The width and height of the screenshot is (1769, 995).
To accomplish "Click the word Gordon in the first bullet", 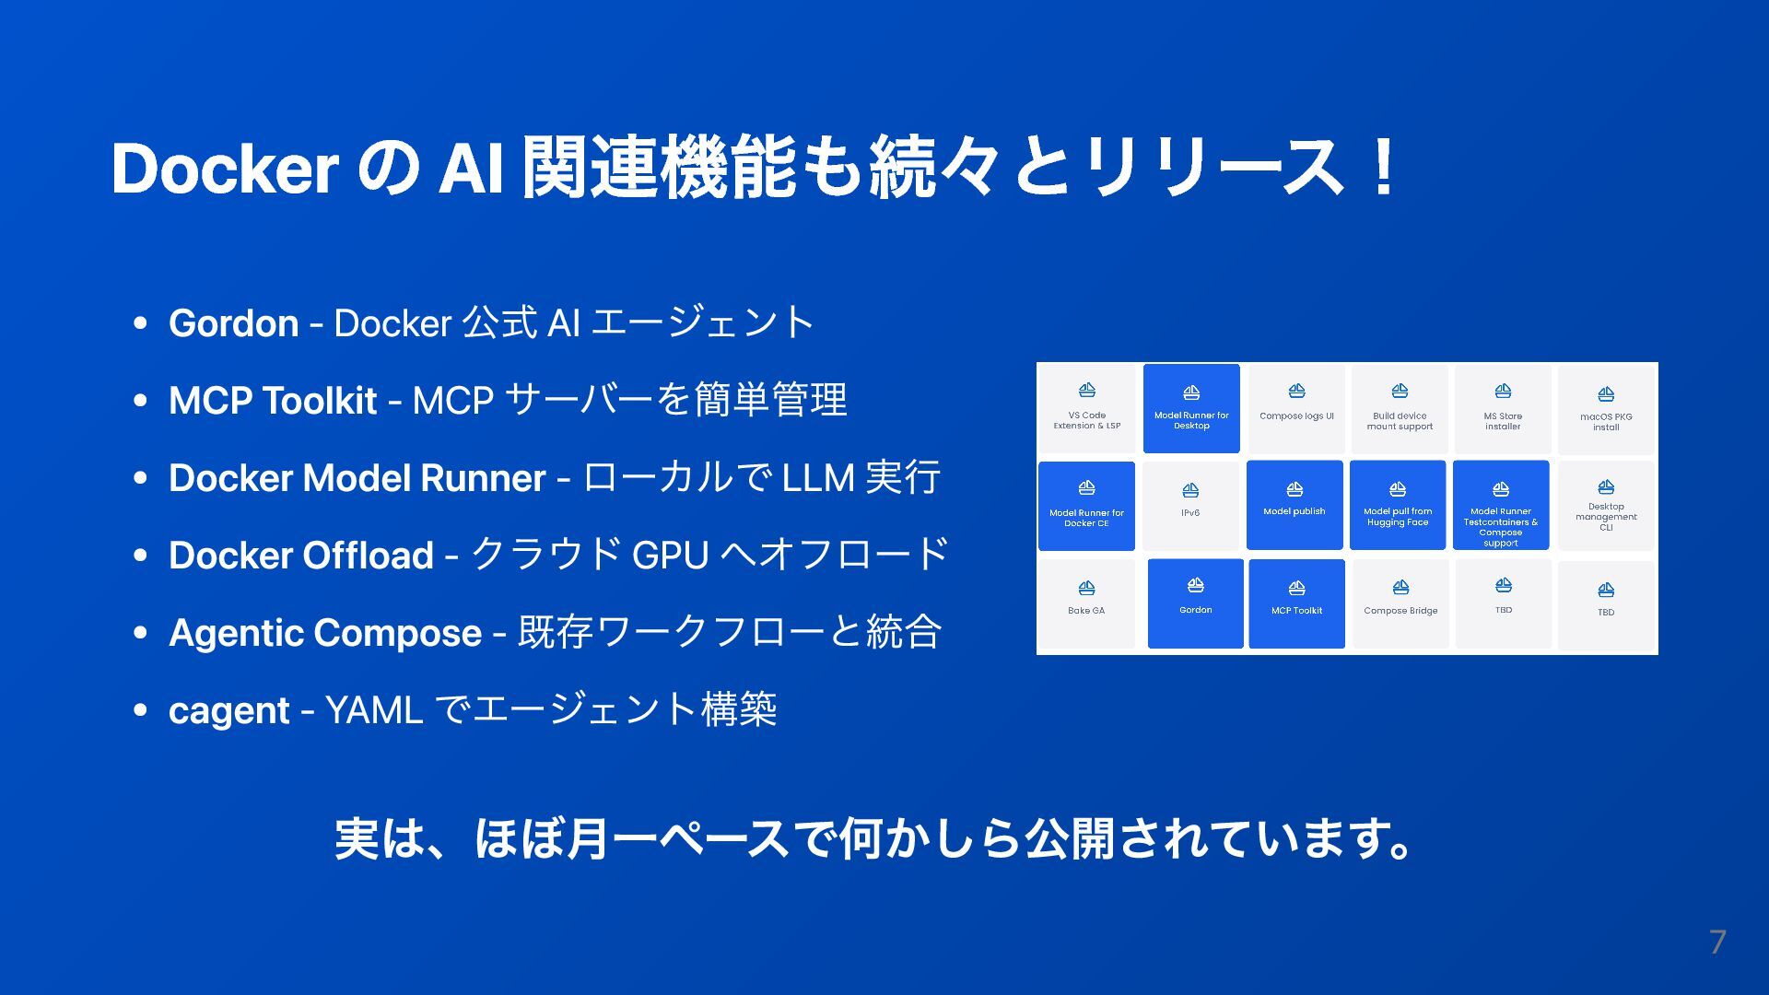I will (233, 323).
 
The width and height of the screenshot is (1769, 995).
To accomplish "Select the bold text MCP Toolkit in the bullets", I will (273, 401).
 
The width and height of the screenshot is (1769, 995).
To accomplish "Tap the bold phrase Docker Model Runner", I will (357, 478).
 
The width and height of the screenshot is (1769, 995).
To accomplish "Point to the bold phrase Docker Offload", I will (301, 556).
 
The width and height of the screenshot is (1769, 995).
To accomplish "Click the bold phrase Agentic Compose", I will (325, 633).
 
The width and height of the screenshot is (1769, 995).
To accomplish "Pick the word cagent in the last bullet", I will (229, 710).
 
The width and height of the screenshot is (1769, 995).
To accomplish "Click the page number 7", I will (1716, 942).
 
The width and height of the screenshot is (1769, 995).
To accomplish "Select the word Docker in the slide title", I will (225, 169).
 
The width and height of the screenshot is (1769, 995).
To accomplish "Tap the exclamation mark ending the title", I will (1382, 169).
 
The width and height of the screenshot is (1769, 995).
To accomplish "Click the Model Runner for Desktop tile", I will (1191, 408).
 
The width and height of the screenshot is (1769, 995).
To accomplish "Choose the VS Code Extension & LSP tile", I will (1087, 408).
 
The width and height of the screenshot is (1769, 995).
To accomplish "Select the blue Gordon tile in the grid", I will (1195, 603).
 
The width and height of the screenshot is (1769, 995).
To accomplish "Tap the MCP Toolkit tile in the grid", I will (1296, 603).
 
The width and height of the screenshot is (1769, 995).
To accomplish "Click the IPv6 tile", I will (1190, 505).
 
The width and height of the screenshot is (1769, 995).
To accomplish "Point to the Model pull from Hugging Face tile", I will (1398, 505).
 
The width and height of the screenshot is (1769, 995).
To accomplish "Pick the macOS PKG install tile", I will (1606, 408).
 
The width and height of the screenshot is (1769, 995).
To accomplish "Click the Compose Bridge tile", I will (1400, 603).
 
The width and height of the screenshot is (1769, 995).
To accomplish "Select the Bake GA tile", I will (1086, 603).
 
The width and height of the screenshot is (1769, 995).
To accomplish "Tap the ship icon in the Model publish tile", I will (1295, 489).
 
